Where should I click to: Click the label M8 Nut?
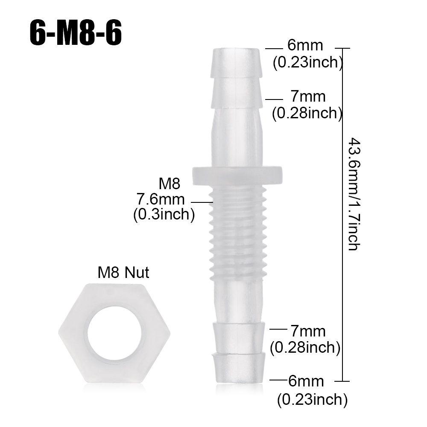[123, 272]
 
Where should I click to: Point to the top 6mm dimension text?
[305, 45]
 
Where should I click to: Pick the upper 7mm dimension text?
[307, 97]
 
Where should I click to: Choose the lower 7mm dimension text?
[307, 331]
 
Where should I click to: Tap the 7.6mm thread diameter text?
[161, 199]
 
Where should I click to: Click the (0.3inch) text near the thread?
[164, 214]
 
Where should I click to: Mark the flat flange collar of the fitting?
[237, 175]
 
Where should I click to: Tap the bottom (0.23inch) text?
[312, 400]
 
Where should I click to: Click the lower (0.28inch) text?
[305, 348]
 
